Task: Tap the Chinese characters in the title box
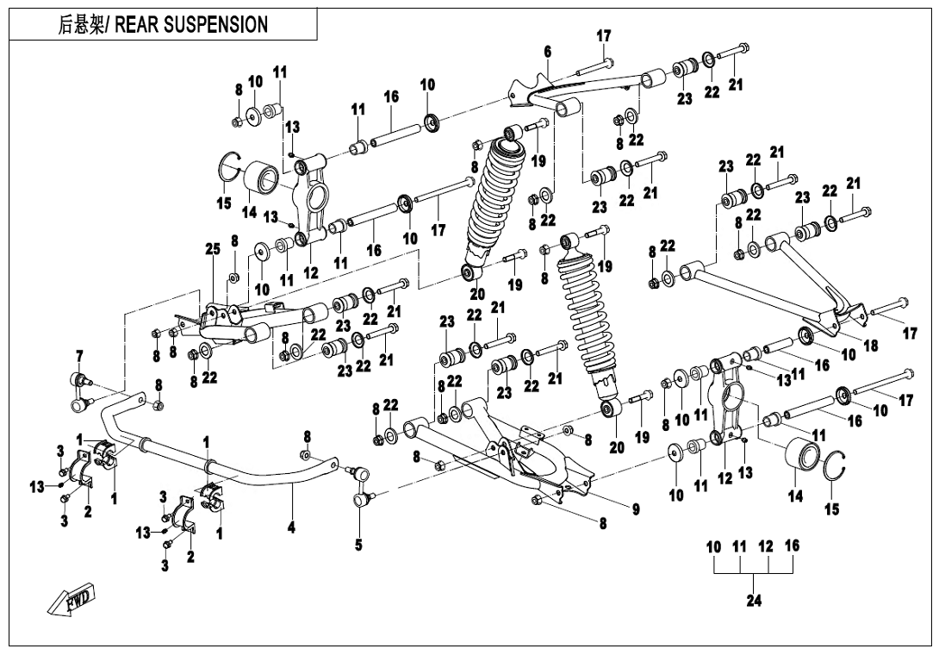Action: point(81,24)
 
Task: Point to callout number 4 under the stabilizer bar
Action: point(292,527)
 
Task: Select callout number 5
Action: point(358,546)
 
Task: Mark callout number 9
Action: point(636,510)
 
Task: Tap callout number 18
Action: point(871,346)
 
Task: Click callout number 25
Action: point(212,250)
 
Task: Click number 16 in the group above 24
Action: point(793,546)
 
